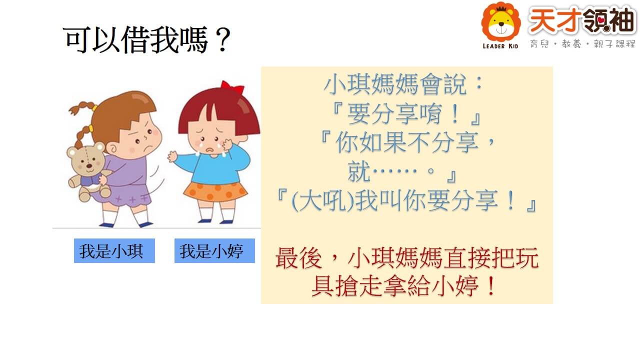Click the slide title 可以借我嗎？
(x=146, y=39)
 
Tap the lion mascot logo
(x=501, y=22)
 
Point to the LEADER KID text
(x=500, y=46)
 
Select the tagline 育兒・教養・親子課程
(x=582, y=44)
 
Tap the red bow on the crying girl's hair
(x=232, y=87)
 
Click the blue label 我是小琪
(x=114, y=251)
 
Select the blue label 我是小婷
(x=214, y=251)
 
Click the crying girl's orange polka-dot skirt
(x=215, y=192)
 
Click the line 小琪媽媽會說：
(x=403, y=84)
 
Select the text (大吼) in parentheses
(x=322, y=201)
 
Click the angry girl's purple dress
(x=125, y=180)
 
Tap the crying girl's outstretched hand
(x=172, y=156)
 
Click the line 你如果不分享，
(x=415, y=142)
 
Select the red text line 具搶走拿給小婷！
(x=403, y=286)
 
